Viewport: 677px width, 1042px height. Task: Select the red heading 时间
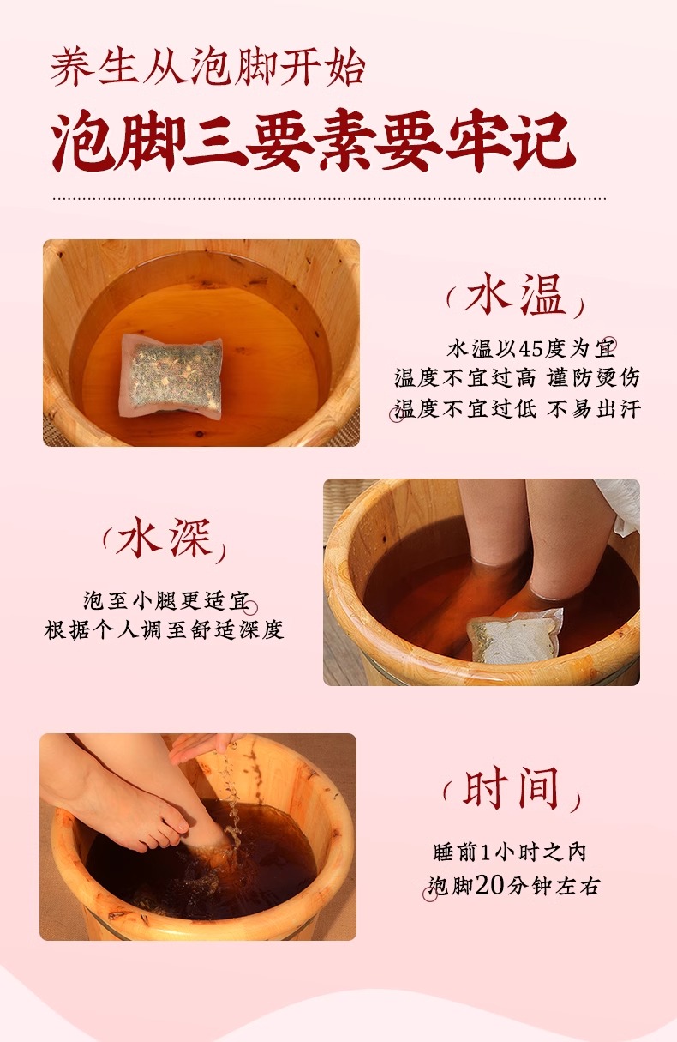tap(511, 789)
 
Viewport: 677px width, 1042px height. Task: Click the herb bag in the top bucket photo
tap(171, 374)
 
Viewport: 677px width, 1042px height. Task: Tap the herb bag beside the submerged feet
tap(514, 635)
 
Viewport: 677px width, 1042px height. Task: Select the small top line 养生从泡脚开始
tap(207, 69)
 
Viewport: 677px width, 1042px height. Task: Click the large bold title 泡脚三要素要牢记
tap(313, 141)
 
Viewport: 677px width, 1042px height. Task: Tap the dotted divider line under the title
tap(330, 199)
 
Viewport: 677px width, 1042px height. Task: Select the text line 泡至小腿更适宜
tap(166, 601)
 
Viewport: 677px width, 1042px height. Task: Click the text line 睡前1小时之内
tap(510, 852)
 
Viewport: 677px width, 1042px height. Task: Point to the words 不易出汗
tap(594, 408)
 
